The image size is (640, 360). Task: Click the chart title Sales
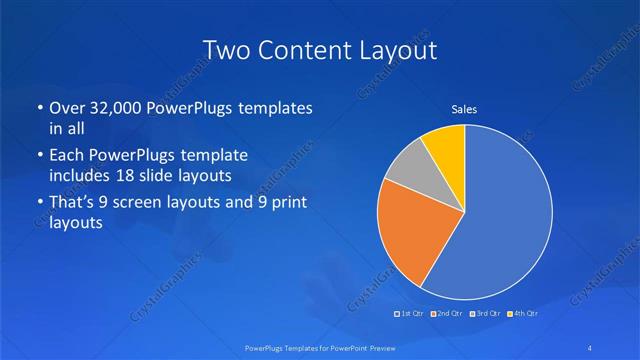tap(464, 109)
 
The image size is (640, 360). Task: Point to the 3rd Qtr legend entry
tap(485, 314)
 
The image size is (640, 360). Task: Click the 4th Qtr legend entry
tap(521, 314)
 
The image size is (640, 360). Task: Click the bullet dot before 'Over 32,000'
tap(39, 109)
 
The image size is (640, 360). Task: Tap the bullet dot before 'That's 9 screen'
tap(39, 205)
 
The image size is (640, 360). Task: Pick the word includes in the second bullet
tap(78, 176)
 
